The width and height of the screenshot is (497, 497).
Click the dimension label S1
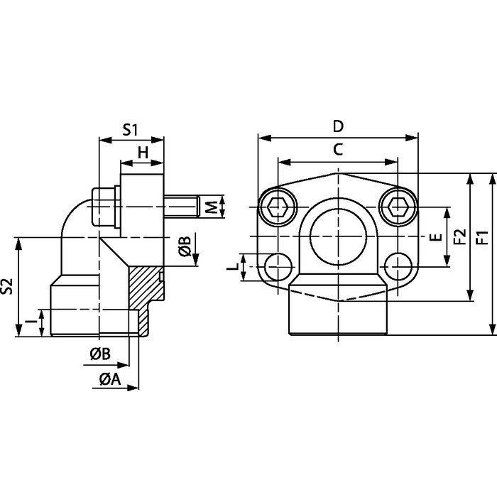[131, 130]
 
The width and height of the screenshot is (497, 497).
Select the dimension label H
[143, 153]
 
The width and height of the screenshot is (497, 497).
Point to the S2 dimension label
[6, 286]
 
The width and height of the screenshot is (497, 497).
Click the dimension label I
[31, 322]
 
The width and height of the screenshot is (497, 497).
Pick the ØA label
[110, 378]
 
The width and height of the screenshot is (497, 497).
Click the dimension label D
[338, 126]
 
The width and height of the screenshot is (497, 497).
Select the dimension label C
[338, 149]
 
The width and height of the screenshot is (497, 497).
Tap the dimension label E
[437, 236]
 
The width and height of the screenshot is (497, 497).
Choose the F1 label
[483, 237]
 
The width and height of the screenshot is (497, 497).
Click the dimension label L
[234, 267]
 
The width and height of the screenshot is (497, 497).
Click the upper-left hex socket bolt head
[278, 207]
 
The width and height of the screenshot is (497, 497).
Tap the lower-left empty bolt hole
[278, 266]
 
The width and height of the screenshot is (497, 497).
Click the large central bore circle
[338, 236]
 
